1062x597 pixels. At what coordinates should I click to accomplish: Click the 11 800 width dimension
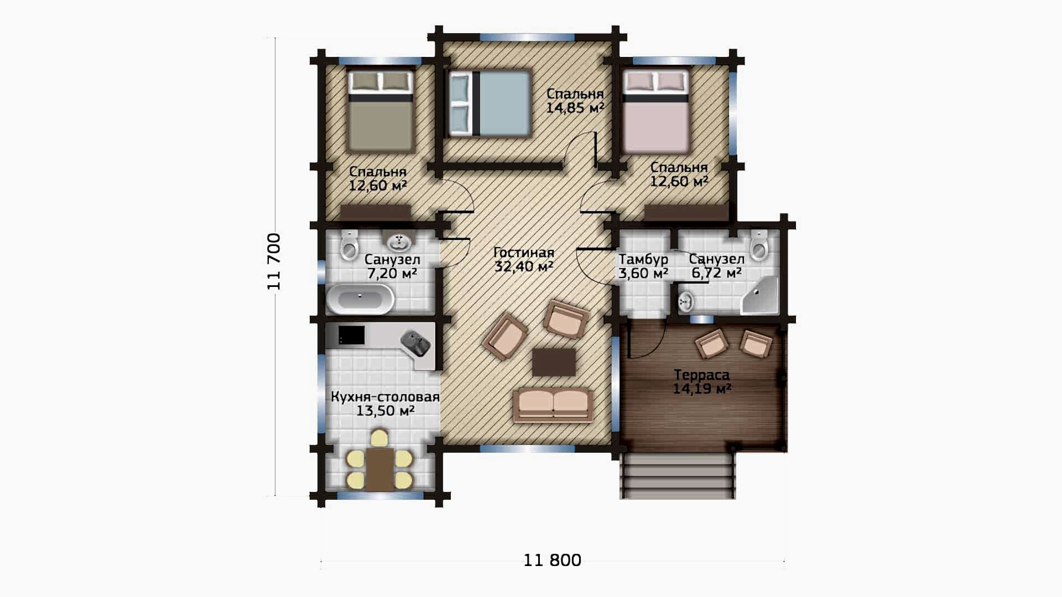point(552,561)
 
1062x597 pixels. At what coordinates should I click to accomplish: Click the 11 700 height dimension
point(274,261)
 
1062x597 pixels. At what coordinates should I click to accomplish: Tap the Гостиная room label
point(523,253)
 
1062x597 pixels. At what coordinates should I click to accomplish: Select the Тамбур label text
point(643,259)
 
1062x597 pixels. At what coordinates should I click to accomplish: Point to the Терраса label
point(702,375)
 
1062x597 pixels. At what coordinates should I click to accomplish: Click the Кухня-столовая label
point(386,397)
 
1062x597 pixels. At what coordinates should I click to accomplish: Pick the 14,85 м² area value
point(575,108)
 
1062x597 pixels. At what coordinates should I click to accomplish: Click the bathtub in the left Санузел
point(360,299)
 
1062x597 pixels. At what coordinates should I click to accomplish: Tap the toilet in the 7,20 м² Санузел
point(350,245)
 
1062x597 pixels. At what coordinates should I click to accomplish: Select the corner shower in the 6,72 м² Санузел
point(759,295)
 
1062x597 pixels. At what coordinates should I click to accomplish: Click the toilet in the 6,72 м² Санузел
point(760,245)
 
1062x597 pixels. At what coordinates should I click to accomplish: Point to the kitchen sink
point(415,343)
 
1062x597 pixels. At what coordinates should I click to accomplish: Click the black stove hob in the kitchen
point(351,335)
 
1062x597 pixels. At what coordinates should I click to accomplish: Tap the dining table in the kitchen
point(379,469)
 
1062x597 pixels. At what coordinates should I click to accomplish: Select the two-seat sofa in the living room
point(553,405)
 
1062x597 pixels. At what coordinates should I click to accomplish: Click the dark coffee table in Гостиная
point(554,362)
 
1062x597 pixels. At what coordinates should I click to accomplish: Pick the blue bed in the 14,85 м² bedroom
point(490,103)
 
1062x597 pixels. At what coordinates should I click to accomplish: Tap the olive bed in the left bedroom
point(381,111)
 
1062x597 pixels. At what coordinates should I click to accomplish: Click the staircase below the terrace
point(678,476)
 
